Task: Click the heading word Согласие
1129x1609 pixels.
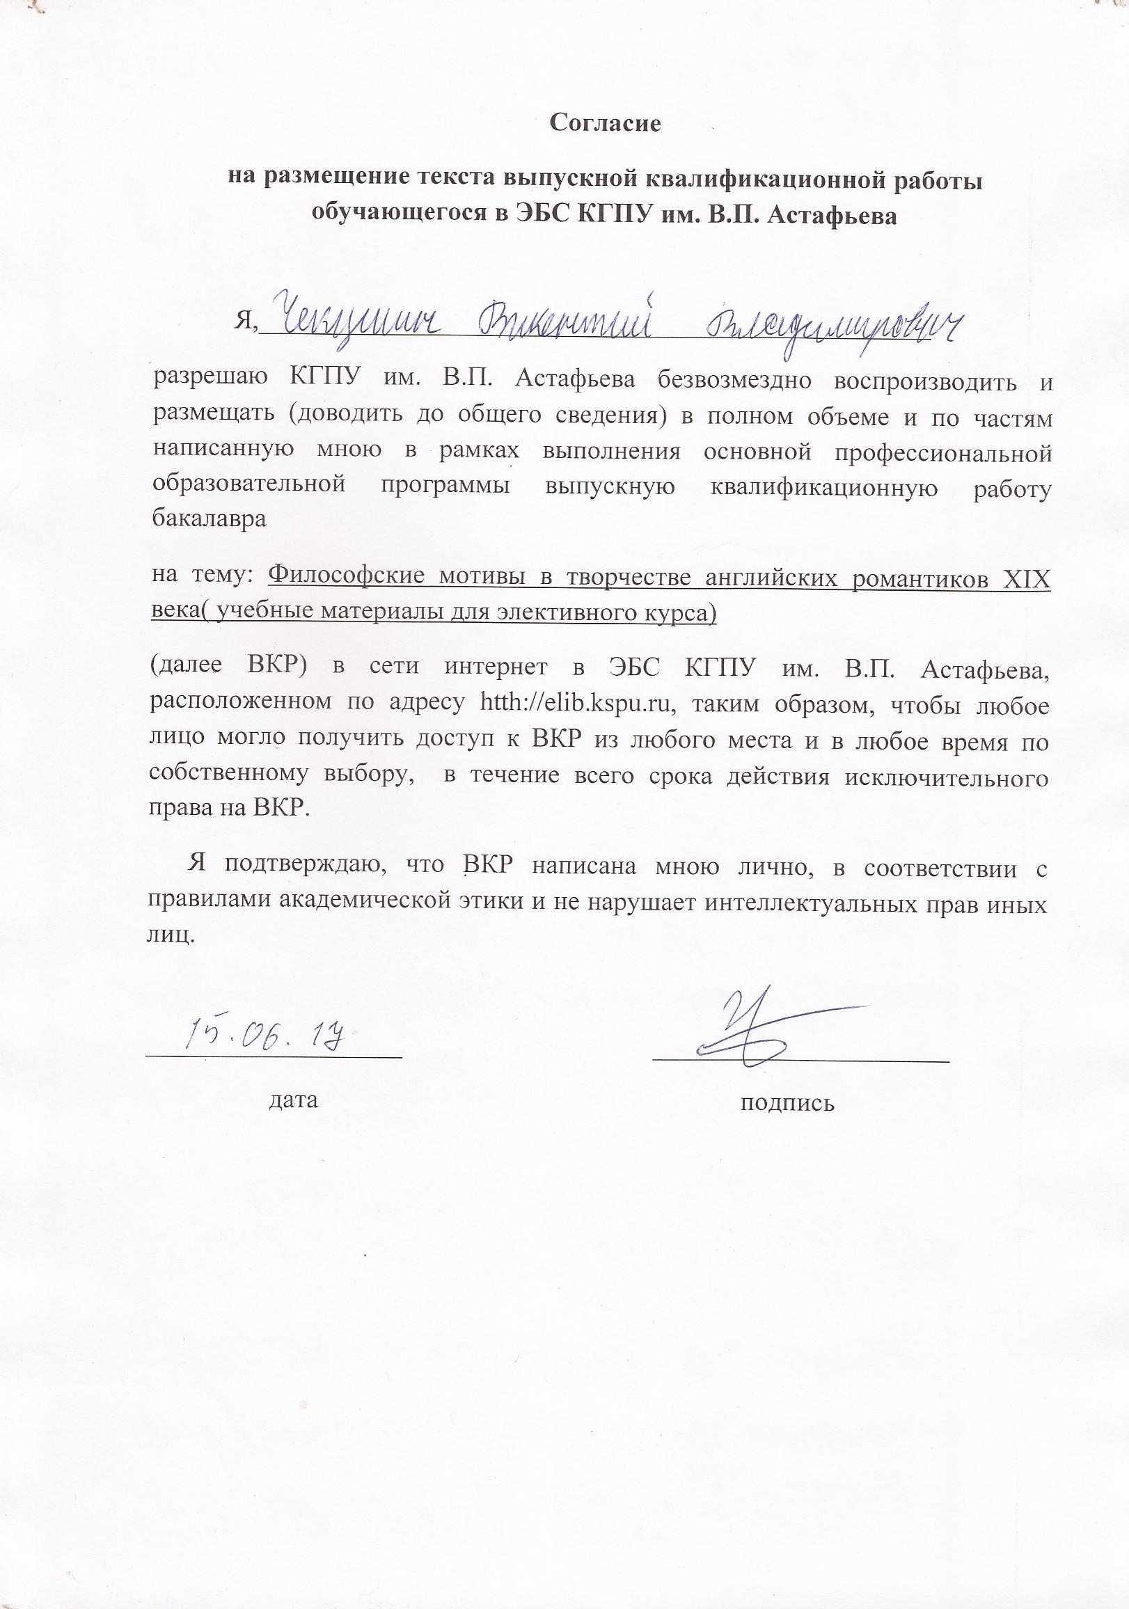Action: (x=605, y=123)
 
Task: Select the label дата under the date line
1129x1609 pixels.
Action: (x=294, y=1100)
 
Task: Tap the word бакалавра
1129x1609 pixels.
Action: (x=209, y=520)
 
